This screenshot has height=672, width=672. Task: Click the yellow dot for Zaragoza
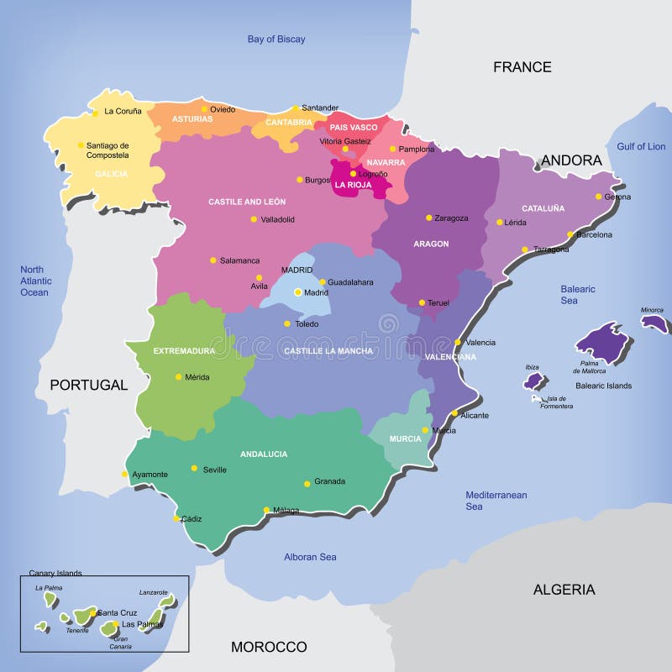(428, 218)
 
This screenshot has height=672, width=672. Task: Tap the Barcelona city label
(594, 235)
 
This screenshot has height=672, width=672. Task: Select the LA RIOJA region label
(353, 184)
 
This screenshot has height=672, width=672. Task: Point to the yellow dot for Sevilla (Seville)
(194, 469)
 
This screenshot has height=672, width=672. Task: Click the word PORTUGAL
(88, 386)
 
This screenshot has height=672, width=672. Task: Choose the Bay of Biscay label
(276, 39)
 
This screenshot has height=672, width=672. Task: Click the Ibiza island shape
(534, 381)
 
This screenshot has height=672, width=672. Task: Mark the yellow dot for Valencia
(458, 342)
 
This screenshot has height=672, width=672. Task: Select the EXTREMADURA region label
(184, 350)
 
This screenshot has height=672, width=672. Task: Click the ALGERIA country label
(564, 590)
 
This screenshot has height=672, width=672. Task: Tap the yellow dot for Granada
(307, 483)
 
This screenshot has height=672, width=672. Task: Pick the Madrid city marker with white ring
(297, 292)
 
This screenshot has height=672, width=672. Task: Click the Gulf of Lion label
(641, 146)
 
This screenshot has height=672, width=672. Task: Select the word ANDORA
(571, 160)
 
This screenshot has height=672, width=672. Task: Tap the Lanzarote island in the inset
(169, 602)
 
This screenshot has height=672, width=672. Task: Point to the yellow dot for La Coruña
(96, 113)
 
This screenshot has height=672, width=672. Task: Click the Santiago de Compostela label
(108, 150)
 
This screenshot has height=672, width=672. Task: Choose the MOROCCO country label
(269, 647)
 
